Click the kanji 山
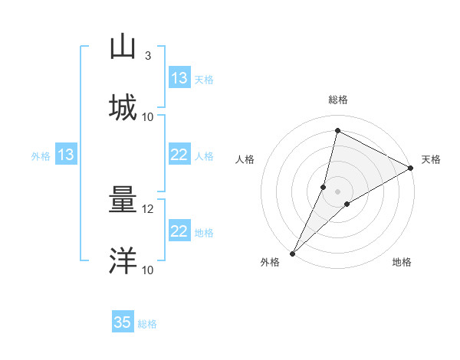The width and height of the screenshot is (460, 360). point(123,47)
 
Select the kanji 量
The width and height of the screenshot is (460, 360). point(123,201)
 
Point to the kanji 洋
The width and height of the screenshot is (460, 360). point(123,260)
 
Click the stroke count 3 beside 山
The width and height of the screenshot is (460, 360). point(148,56)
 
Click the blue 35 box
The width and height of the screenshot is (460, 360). point(123,322)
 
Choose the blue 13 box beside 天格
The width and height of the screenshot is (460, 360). point(179,78)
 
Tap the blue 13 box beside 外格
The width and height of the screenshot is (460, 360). point(66,155)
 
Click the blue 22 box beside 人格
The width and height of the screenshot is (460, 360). point(179,155)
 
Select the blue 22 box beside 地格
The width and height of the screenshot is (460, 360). point(179,231)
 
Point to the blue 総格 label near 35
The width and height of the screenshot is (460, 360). point(147,324)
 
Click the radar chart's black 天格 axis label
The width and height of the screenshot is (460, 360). point(431,159)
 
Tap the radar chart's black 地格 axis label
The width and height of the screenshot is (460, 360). point(402,263)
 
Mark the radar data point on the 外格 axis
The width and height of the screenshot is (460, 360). point(293,253)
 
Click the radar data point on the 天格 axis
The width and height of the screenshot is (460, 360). point(411,168)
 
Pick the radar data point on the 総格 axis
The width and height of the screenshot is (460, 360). point(337,130)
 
